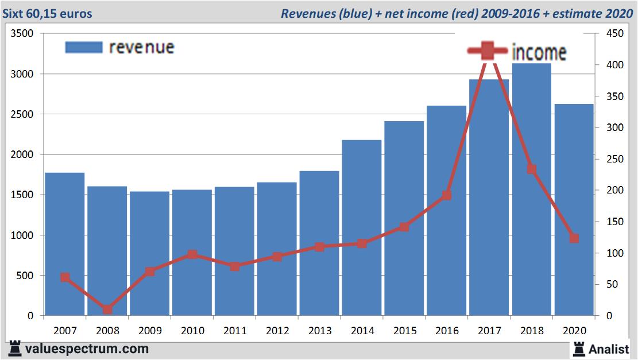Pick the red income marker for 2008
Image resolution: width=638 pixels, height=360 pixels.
coord(107,309)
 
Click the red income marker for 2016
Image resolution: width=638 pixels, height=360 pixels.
coord(447,195)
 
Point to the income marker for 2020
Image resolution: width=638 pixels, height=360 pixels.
coord(574,238)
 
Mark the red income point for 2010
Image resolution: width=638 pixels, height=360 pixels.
coord(192,254)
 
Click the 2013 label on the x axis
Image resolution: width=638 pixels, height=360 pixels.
coord(319,331)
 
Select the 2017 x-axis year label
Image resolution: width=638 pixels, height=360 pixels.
coord(489,331)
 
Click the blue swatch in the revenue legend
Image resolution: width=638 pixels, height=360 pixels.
coord(84,47)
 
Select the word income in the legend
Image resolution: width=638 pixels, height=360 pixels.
coord(539,52)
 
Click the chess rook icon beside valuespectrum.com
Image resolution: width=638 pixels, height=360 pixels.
coord(16,349)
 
